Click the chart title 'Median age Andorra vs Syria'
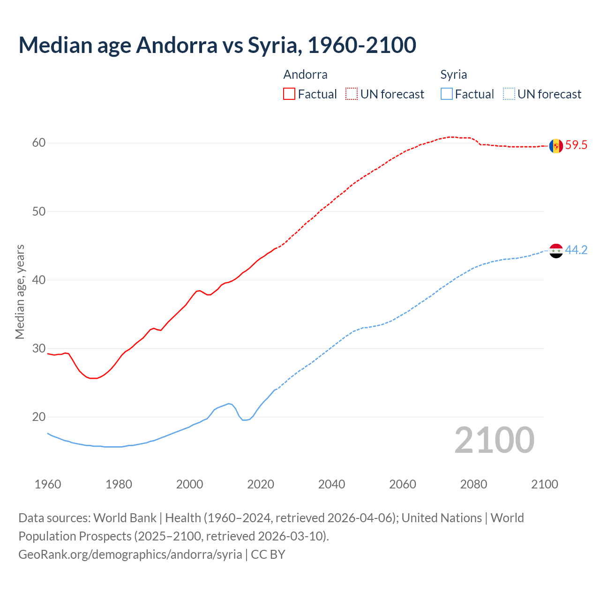click(x=217, y=45)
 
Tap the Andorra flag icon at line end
click(x=556, y=146)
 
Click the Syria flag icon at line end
click(x=556, y=251)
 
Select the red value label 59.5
click(x=576, y=145)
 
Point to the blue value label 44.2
click(x=576, y=250)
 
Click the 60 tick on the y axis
click(x=39, y=143)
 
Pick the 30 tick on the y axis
click(x=39, y=349)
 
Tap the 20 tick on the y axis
click(x=39, y=417)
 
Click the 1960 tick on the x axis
click(x=48, y=484)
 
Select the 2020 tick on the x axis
click(x=261, y=484)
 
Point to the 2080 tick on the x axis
click(x=473, y=484)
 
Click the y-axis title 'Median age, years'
click(x=20, y=292)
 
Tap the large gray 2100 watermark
click(x=494, y=440)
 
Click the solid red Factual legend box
click(x=289, y=94)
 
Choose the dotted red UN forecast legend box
click(x=352, y=94)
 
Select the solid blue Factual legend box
click(x=447, y=94)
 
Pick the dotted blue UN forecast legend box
click(x=509, y=94)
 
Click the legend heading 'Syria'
click(x=453, y=75)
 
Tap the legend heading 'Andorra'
click(x=305, y=75)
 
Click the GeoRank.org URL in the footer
click(x=130, y=555)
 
